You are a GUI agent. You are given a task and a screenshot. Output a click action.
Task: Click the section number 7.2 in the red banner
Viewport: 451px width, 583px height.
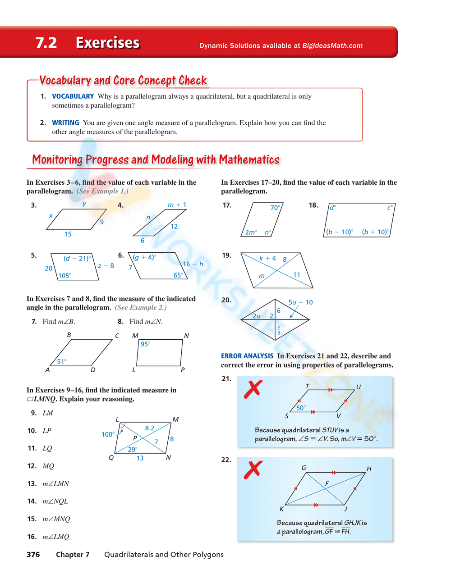(46, 43)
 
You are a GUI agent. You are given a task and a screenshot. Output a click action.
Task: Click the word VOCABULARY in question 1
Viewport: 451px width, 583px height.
(73, 96)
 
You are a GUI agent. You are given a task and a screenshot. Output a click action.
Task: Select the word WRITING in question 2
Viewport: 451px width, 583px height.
(65, 123)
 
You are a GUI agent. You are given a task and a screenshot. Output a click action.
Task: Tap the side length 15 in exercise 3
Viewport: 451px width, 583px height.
(68, 234)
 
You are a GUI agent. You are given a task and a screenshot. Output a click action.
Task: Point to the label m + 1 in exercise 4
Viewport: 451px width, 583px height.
(177, 205)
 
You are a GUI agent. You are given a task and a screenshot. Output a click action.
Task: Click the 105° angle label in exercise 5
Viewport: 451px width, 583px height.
(64, 276)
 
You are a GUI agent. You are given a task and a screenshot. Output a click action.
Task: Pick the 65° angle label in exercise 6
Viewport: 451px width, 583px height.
(178, 275)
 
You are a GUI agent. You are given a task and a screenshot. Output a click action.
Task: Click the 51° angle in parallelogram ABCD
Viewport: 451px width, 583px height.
(62, 361)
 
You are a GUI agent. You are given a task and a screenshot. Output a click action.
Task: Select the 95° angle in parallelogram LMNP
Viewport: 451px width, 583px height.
(145, 344)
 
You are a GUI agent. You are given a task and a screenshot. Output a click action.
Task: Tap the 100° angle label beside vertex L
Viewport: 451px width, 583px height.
(108, 434)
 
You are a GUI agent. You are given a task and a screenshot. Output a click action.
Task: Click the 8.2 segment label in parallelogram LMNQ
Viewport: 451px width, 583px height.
(149, 428)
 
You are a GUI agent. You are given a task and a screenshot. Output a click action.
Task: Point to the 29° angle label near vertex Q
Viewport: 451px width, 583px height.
(132, 449)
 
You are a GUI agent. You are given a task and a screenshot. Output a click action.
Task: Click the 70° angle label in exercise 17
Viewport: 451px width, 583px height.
(275, 208)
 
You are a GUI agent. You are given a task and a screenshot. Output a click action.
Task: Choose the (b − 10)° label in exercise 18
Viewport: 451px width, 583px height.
(340, 232)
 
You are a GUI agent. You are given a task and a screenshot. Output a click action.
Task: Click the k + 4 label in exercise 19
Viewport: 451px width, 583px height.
(267, 258)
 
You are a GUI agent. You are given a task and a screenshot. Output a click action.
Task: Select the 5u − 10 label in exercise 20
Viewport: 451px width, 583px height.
(300, 302)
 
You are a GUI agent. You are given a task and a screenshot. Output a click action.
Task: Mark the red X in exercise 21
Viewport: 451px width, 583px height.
(253, 389)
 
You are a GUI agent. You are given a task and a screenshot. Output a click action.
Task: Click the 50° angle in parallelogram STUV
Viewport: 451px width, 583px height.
(301, 408)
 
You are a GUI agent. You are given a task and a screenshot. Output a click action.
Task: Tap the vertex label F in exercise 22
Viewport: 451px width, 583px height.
(327, 483)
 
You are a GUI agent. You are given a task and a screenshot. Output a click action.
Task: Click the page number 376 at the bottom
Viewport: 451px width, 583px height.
(33, 555)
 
